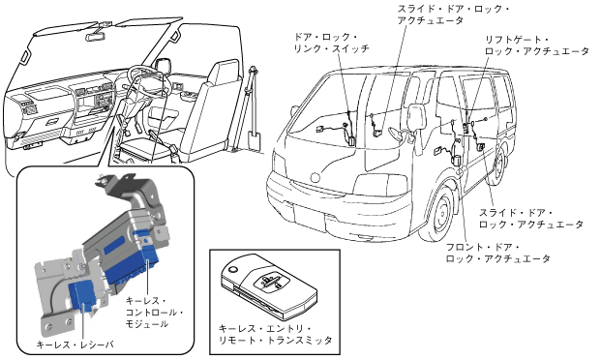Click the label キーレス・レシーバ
[75, 345]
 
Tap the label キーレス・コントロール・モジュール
[154, 312]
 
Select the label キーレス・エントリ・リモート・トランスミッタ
[275, 334]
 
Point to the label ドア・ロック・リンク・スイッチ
[331, 43]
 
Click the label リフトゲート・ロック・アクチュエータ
[536, 45]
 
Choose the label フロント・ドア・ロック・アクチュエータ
[497, 253]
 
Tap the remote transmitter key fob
[269, 287]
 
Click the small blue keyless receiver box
[83, 293]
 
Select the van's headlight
[379, 185]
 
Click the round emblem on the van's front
[316, 177]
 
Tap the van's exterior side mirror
[417, 117]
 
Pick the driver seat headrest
[224, 72]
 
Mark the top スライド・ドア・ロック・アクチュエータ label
[453, 15]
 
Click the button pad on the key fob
[271, 281]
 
